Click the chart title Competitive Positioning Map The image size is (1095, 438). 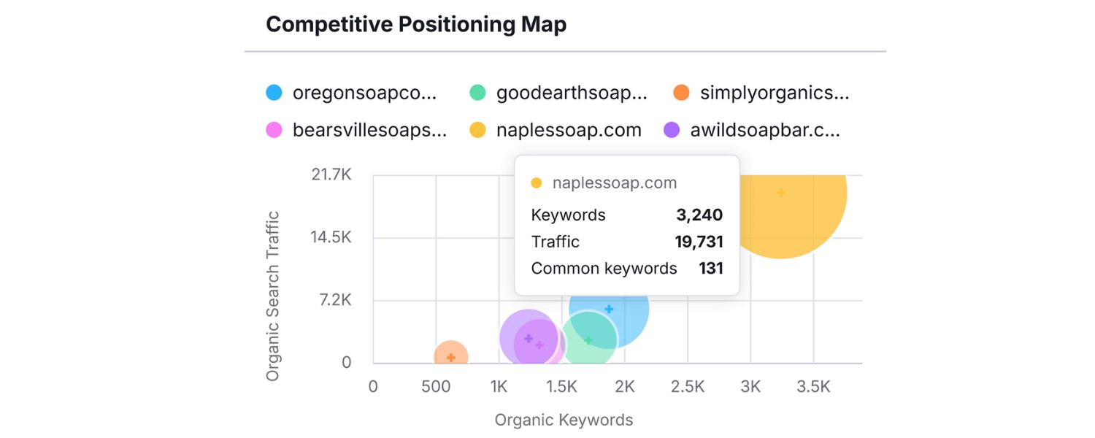416,25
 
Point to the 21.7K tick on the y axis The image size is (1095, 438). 331,175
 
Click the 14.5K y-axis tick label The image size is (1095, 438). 331,238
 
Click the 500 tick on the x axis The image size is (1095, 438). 436,387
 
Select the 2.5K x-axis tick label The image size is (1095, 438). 687,387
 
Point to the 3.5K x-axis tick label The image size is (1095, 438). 813,387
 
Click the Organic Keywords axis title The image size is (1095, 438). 564,420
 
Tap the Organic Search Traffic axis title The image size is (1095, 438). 273,296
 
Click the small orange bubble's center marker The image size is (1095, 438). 451,358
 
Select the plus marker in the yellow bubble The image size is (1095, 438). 780,193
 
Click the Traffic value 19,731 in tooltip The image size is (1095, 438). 698,242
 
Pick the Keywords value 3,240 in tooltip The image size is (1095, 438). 699,215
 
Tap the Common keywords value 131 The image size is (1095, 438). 710,269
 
